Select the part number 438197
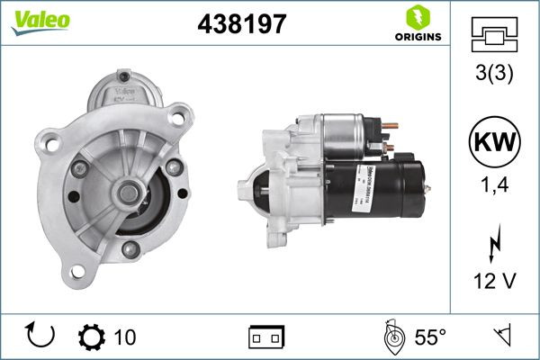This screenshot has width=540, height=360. click(241, 24)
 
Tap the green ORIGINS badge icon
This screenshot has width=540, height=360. click(417, 17)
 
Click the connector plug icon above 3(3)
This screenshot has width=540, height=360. click(495, 35)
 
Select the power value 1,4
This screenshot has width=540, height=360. click(495, 184)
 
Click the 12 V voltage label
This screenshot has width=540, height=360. click(495, 282)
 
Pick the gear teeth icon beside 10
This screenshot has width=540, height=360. click(93, 337)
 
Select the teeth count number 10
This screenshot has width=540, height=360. click(126, 337)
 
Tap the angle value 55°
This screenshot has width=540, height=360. click(430, 337)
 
